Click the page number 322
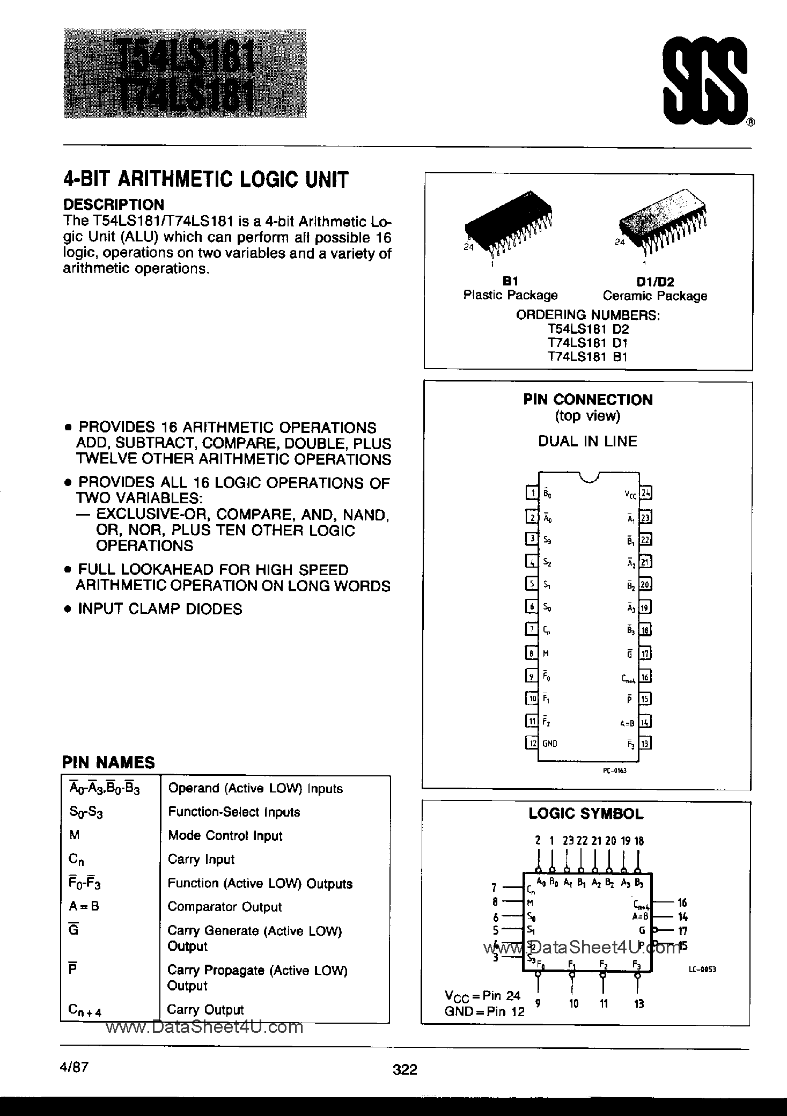405,1055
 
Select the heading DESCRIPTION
114,204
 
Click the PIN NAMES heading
108,762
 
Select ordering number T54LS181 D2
587,329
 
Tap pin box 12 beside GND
532,743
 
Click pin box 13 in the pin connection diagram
646,743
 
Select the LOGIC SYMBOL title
586,814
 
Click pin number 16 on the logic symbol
682,902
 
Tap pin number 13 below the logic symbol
638,1003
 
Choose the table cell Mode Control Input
225,835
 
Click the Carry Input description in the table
201,859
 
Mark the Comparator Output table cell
224,907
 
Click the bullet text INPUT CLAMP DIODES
159,609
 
